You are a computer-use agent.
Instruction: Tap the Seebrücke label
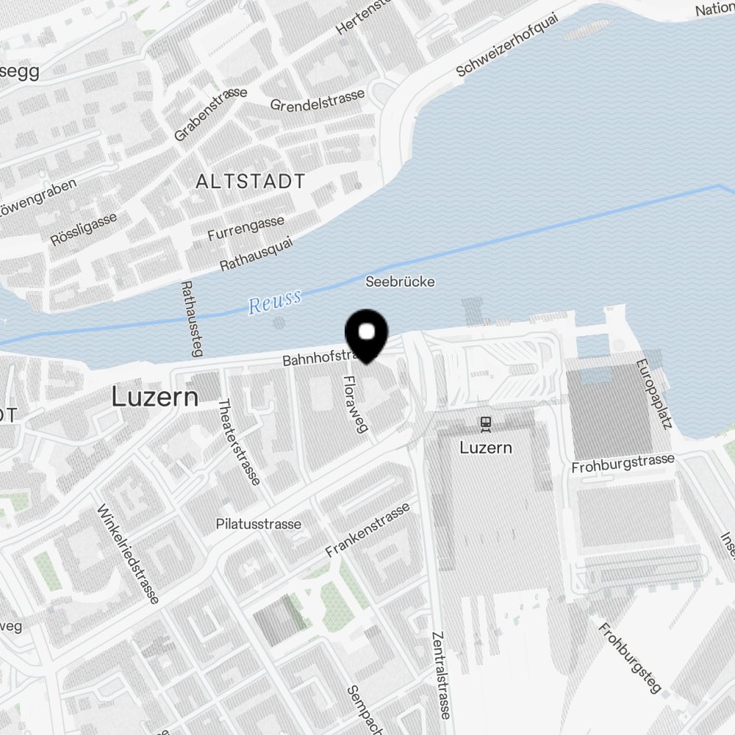point(401,282)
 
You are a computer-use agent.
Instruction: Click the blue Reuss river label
point(275,301)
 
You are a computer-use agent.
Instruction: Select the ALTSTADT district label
point(251,182)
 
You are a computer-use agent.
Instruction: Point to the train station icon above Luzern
point(485,423)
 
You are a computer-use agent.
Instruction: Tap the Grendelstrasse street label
point(318,101)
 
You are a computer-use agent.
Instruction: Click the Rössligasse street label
point(84,229)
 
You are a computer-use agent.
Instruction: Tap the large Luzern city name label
point(155,398)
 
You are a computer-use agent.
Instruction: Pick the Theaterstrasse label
point(239,442)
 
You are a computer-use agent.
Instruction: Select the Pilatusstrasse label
point(259,524)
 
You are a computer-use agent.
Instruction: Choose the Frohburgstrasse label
point(623,464)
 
